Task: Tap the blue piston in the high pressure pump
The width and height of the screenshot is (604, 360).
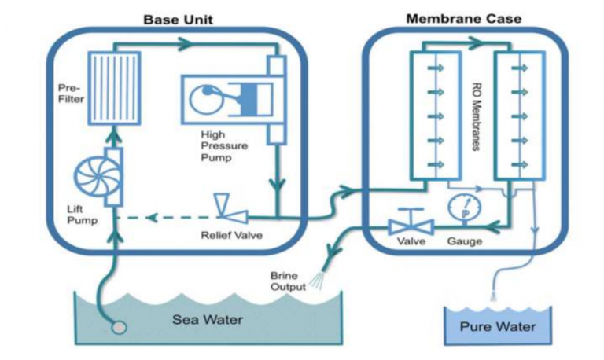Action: tap(249, 96)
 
